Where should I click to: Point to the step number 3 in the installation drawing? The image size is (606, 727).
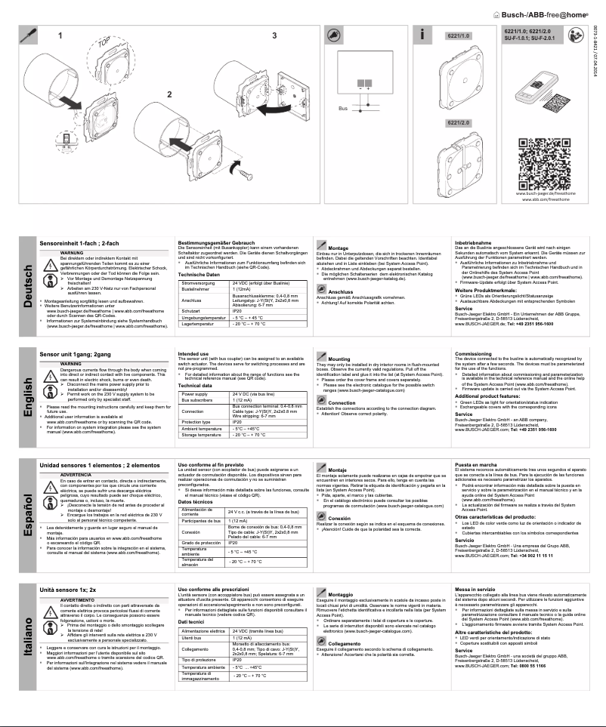click(274, 35)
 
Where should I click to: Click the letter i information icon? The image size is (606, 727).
click(427, 35)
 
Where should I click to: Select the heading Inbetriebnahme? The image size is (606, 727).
click(475, 242)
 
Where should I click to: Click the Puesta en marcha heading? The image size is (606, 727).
click(479, 463)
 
